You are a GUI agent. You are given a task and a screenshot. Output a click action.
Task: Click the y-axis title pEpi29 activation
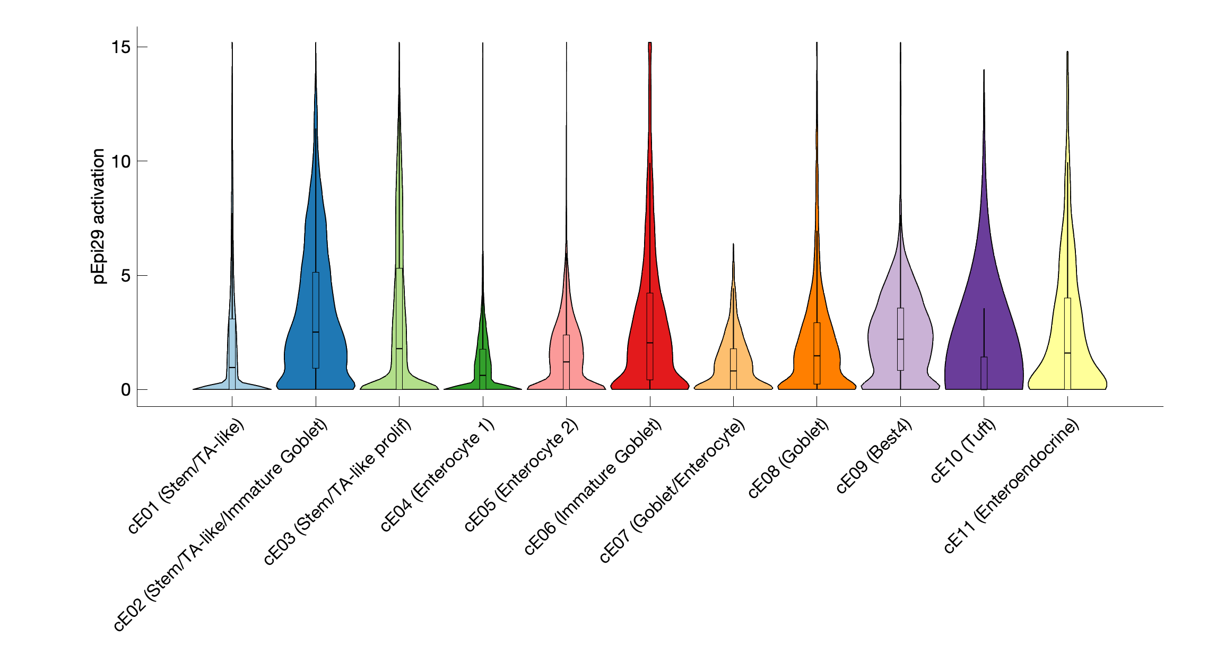(x=99, y=216)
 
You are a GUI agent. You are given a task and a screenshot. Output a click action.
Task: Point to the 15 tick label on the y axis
(x=121, y=47)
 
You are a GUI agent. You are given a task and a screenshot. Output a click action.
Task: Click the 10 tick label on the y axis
(x=121, y=161)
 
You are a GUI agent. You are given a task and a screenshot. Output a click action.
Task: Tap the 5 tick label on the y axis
(x=126, y=276)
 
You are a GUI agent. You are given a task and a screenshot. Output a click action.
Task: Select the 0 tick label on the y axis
(x=126, y=390)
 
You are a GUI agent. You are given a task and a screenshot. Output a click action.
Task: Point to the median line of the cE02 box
(x=316, y=332)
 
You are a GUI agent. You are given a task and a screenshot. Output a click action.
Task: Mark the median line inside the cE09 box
(x=900, y=339)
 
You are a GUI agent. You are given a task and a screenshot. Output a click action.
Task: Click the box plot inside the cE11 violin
(x=1067, y=329)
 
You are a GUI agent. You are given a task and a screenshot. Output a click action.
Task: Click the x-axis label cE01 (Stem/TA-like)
(x=187, y=476)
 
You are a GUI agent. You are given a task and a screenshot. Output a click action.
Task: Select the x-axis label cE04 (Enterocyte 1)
(x=438, y=475)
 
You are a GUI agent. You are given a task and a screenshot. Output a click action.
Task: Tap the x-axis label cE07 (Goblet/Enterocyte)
(x=673, y=490)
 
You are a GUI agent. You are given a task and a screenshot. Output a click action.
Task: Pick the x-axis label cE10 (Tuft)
(x=963, y=450)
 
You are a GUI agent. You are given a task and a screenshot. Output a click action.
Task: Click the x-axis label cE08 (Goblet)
(x=788, y=458)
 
